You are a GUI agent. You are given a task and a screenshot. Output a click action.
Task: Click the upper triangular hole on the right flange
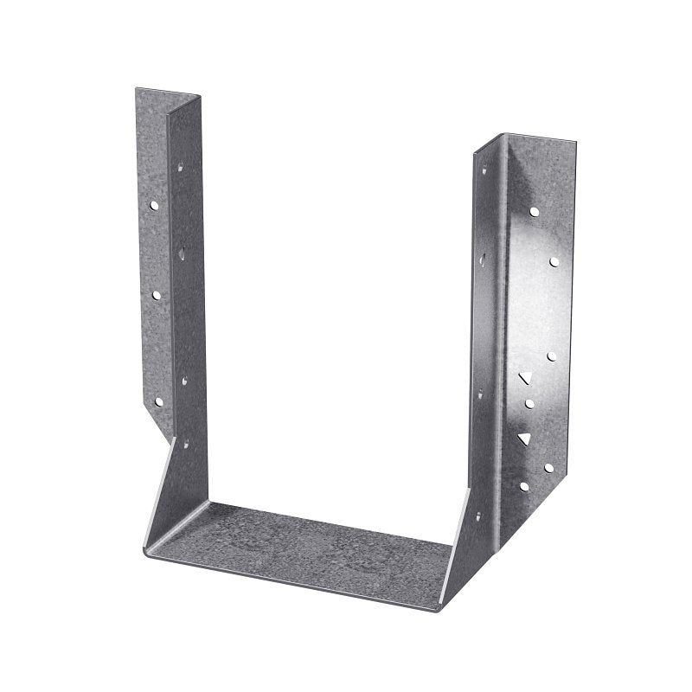[523, 377]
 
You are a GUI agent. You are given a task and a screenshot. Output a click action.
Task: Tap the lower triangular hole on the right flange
[523, 439]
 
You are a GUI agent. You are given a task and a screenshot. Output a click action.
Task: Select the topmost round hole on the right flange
[535, 211]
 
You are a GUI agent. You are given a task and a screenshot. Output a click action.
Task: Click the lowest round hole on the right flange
[523, 486]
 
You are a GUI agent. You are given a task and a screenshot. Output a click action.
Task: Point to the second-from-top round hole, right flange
[554, 260]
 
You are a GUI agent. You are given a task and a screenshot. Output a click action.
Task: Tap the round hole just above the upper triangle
[551, 356]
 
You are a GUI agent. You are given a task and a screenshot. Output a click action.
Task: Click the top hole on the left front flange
[153, 206]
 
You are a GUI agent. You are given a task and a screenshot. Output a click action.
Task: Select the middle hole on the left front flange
[157, 294]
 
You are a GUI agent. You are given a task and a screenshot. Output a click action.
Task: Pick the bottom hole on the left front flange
[158, 401]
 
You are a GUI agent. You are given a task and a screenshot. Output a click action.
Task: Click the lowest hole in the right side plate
[478, 516]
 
